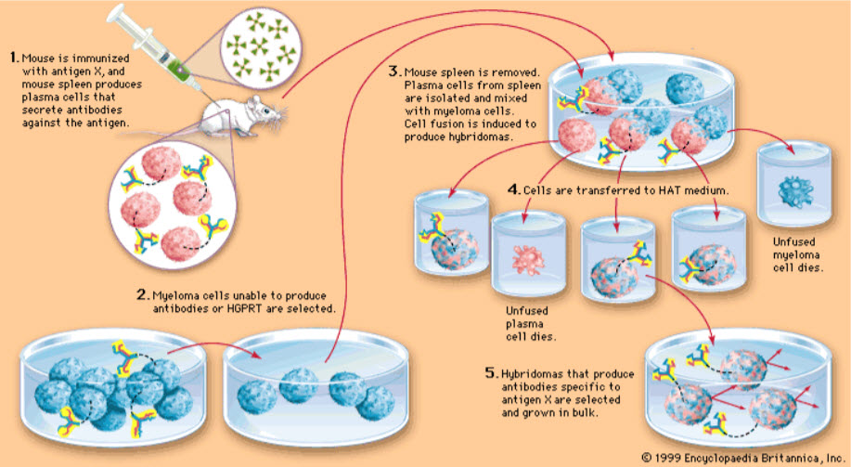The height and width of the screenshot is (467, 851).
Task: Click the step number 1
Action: point(13,57)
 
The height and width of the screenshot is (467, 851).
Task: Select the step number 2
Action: point(142,294)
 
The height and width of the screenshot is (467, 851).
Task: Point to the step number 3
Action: point(394,70)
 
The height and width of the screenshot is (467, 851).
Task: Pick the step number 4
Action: point(513,189)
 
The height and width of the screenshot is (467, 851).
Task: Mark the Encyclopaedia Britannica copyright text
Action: point(741,457)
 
